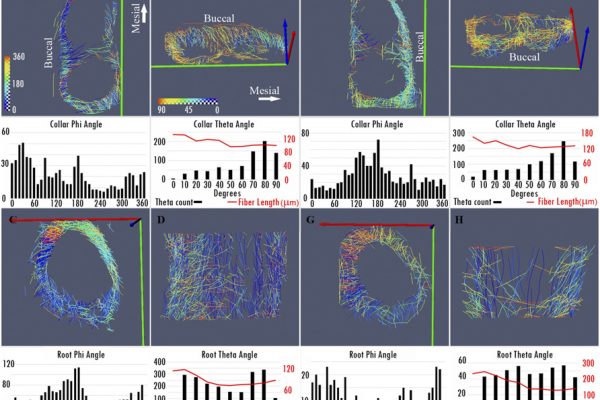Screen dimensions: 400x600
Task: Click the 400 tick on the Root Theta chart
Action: coord(161,361)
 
